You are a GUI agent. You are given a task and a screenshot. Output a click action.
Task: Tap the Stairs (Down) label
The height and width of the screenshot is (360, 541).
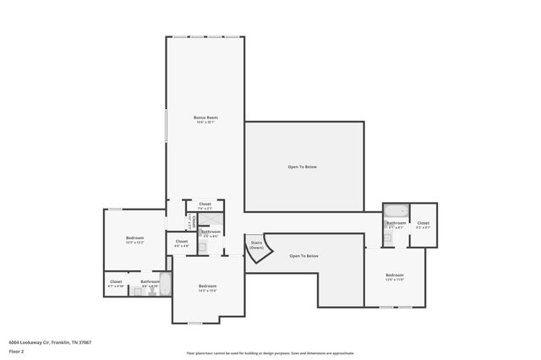click(x=257, y=245)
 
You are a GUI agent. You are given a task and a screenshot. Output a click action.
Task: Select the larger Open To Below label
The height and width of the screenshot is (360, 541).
click(x=303, y=166)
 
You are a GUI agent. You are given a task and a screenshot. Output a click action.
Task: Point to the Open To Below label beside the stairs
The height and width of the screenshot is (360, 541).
click(x=303, y=255)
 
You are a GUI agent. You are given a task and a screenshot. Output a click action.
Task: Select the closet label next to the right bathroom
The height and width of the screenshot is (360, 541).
click(x=423, y=226)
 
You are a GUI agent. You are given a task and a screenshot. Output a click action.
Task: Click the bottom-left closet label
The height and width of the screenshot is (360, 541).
click(x=116, y=283)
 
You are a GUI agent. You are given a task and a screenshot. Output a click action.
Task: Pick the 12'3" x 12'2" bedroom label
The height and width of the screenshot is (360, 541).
click(x=135, y=239)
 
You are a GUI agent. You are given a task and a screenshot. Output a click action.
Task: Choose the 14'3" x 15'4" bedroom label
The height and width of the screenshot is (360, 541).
click(x=208, y=288)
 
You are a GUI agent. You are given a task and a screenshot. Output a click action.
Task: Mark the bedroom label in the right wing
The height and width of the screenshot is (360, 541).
click(x=394, y=277)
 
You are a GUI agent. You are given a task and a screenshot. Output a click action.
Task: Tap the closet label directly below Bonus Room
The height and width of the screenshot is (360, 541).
click(x=205, y=205)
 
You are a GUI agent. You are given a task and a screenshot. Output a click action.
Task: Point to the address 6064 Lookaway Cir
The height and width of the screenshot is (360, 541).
click(x=50, y=342)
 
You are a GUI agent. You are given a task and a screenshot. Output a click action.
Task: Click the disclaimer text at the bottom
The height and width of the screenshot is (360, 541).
click(x=270, y=353)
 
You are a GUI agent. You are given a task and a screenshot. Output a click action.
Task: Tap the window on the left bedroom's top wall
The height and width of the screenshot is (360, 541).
click(x=115, y=210)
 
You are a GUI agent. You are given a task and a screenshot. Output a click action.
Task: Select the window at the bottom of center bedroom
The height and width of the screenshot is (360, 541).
click(x=194, y=323)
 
